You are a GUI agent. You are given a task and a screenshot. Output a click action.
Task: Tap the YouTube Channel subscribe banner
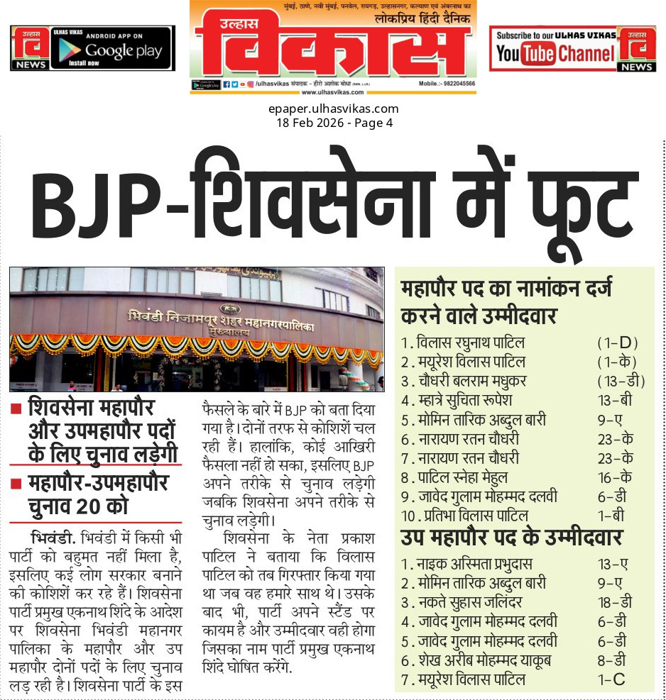555,48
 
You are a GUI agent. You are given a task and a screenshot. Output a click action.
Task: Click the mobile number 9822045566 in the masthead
447,84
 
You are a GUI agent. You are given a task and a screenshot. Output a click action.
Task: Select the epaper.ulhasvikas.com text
333,109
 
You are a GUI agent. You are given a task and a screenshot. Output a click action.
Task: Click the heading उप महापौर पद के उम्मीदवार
512,538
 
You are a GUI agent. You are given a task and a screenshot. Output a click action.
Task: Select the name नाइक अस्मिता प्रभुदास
476,565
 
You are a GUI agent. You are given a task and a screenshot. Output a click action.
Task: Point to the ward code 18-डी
616,603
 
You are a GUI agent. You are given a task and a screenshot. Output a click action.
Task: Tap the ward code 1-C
611,680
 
